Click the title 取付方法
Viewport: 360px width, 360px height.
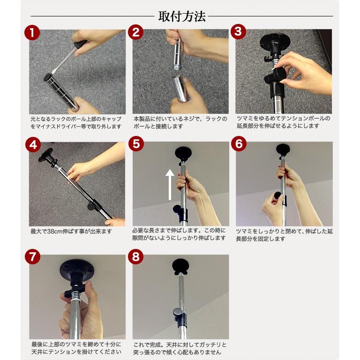point(182,16)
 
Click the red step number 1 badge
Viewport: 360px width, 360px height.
point(32,33)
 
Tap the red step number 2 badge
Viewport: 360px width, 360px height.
point(135,32)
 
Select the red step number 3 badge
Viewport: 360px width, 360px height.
point(238,31)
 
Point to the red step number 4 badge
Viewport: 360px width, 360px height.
point(33,145)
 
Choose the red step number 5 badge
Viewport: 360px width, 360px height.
point(136,144)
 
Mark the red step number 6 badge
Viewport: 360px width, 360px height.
point(239,144)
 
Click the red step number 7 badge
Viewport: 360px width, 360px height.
point(33,256)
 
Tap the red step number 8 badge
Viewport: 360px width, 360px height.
point(135,256)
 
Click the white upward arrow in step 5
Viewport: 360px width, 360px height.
point(170,185)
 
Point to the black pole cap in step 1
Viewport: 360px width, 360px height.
point(48,77)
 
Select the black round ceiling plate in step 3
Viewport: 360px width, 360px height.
point(275,42)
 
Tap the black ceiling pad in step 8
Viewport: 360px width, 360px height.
point(180,267)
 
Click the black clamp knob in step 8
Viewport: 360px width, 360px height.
point(178,313)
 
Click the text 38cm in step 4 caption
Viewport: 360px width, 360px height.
point(55,232)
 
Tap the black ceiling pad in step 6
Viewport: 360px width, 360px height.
point(283,150)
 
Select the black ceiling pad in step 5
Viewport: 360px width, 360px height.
point(183,153)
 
